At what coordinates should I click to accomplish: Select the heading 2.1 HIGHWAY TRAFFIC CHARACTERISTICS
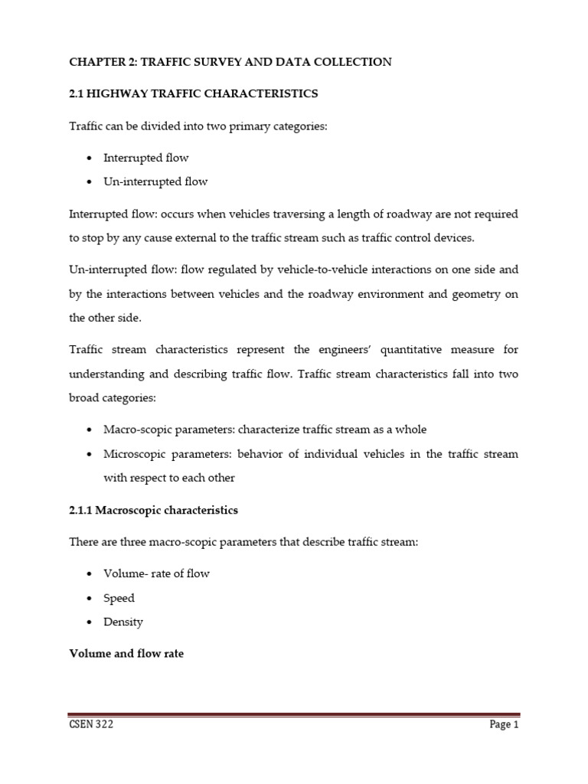coord(193,93)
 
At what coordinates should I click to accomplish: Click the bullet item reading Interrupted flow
coord(146,158)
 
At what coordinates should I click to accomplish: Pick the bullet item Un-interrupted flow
coord(155,181)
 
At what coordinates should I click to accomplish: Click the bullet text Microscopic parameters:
coord(160,454)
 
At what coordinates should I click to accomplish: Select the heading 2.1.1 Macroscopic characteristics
coord(153,510)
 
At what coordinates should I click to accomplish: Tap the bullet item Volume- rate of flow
coord(156,573)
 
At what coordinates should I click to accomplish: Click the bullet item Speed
coord(119,598)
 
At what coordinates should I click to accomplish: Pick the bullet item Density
coord(123,622)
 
